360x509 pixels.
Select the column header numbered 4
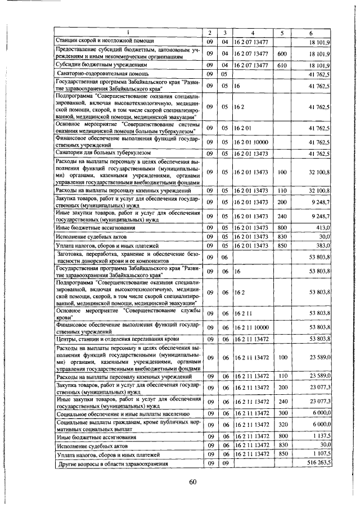pyautogui.click(x=253, y=33)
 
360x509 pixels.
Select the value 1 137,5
pyautogui.click(x=320, y=436)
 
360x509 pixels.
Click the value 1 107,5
pyautogui.click(x=320, y=454)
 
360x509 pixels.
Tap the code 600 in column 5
pyautogui.click(x=282, y=53)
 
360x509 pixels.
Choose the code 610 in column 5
pyautogui.click(x=282, y=65)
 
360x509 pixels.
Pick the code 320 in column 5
pyautogui.click(x=282, y=424)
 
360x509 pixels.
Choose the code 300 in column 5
pyautogui.click(x=282, y=412)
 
